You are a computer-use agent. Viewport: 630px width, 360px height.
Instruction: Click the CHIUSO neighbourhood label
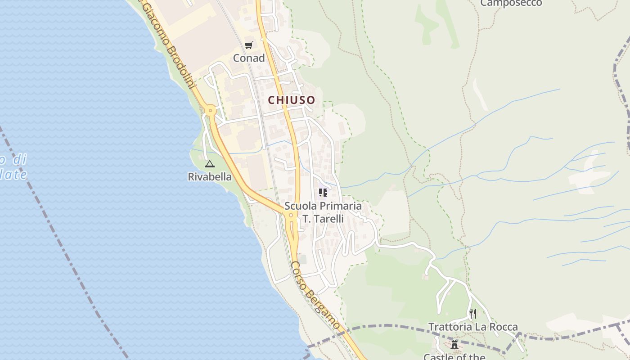(292, 100)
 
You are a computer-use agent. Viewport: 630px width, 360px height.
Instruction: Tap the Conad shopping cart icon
(248, 45)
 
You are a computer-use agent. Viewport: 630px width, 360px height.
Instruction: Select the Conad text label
(249, 58)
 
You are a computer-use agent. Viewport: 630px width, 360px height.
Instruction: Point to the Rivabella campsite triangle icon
(209, 164)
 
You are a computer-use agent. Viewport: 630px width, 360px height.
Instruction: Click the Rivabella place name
(210, 177)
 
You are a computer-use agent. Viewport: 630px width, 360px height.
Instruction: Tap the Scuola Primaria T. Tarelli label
(323, 212)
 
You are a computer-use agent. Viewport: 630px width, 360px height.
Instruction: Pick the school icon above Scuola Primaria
(323, 193)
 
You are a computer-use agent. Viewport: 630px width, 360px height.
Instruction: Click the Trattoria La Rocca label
(473, 327)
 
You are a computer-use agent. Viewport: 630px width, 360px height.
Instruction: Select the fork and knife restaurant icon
(472, 313)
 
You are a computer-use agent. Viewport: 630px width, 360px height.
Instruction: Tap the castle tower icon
(454, 345)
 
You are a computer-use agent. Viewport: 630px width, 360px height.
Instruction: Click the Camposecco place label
(511, 4)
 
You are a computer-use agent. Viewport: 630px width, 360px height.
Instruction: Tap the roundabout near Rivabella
(210, 110)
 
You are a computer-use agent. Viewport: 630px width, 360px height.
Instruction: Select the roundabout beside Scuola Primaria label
(291, 216)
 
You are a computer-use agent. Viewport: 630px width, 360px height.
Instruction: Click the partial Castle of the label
(454, 356)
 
